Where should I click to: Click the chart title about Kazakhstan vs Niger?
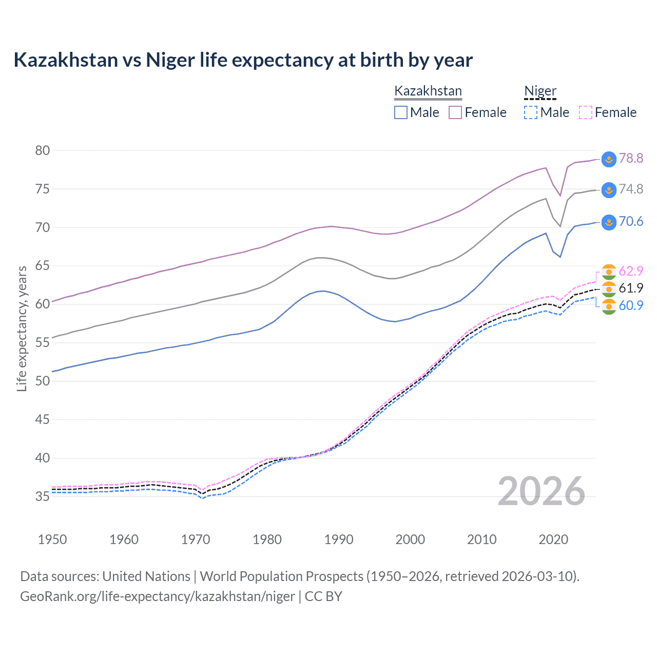(x=243, y=60)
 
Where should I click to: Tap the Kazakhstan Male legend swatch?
(x=401, y=112)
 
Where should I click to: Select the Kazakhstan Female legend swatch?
(x=455, y=112)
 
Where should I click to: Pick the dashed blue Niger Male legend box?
(x=531, y=112)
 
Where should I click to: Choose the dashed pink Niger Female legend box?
(x=586, y=112)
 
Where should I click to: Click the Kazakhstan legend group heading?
(x=428, y=91)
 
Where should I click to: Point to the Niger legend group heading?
(x=540, y=91)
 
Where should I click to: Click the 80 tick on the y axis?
(x=43, y=150)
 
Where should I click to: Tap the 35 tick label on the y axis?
(x=43, y=496)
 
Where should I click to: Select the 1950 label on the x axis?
(x=52, y=539)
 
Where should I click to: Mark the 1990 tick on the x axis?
(x=339, y=539)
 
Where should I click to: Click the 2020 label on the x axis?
(x=553, y=539)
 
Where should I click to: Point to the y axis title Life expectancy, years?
(x=22, y=328)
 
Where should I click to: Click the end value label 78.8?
(x=631, y=159)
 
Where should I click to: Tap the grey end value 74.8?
(x=631, y=189)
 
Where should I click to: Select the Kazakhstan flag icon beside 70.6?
(x=608, y=222)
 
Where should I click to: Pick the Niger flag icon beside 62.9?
(x=608, y=272)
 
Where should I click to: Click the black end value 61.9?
(x=631, y=288)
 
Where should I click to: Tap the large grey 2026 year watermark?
(x=542, y=491)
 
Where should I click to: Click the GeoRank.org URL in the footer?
(x=158, y=596)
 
